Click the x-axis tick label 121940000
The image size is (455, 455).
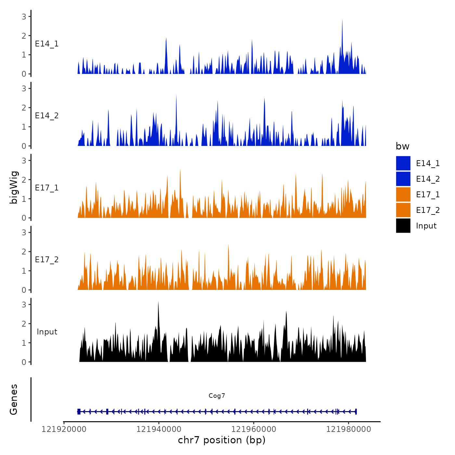tap(159, 429)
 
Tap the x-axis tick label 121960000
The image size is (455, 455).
tap(254, 429)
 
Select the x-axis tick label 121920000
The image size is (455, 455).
tap(64, 429)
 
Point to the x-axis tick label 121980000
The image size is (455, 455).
tap(348, 429)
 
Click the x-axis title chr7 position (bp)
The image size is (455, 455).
tap(222, 440)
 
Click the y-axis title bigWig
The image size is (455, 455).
tap(14, 188)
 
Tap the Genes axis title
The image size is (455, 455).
tap(14, 399)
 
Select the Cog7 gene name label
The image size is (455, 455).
tap(217, 396)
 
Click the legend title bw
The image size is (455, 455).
tap(402, 146)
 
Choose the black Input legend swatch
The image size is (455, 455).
tap(403, 226)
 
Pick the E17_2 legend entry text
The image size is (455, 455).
tap(428, 210)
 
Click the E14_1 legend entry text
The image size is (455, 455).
tap(428, 163)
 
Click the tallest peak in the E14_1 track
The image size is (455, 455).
tap(342, 20)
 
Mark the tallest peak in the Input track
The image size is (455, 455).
tap(158, 302)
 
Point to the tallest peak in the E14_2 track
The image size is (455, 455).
tap(176, 96)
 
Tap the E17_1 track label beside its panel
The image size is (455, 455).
tap(47, 188)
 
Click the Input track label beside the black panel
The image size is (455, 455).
tap(47, 331)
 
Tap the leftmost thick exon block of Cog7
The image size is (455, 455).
tap(79, 411)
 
